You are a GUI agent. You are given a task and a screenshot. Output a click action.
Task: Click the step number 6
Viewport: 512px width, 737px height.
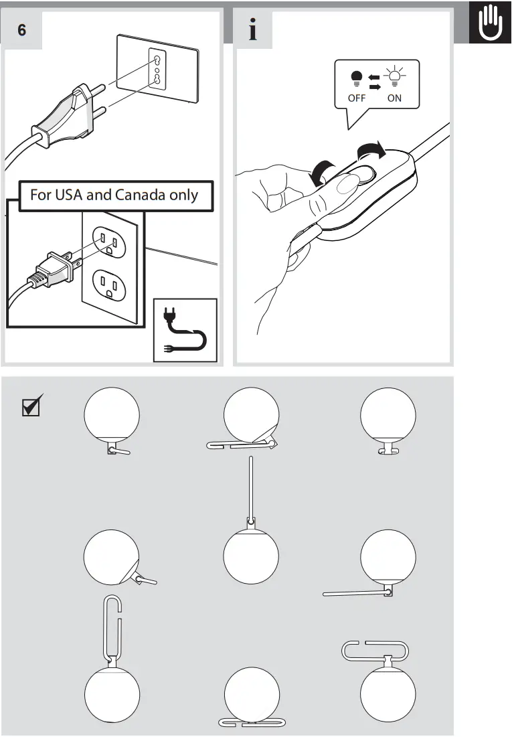point(22,30)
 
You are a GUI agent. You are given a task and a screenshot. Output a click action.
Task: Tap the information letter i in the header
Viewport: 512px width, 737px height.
point(253,30)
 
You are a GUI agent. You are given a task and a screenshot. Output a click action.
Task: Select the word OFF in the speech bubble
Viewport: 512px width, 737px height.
point(356,98)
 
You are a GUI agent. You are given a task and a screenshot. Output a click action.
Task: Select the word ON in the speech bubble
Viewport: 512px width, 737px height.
point(395,98)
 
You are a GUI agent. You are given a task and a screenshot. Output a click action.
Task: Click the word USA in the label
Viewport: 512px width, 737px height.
point(69,195)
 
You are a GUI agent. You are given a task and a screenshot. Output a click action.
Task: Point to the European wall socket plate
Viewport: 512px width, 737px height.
point(158,70)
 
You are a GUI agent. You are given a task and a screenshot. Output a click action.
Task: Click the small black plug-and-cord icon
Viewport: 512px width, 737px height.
point(185,330)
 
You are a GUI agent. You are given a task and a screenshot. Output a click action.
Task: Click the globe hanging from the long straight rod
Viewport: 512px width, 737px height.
point(251,556)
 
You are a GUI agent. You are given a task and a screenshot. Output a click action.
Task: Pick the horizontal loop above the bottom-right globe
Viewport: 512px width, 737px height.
point(375,649)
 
